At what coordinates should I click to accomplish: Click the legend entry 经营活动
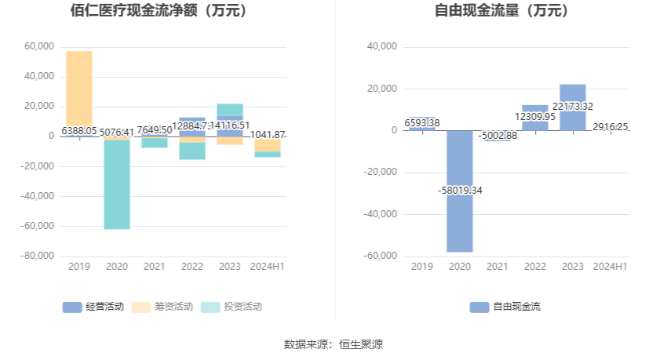(x=93, y=307)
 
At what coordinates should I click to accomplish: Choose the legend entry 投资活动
(x=231, y=307)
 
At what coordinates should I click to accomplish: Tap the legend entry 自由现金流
(x=505, y=307)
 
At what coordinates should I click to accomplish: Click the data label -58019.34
(x=460, y=190)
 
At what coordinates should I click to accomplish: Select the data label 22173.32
(x=573, y=106)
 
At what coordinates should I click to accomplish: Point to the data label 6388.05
(x=78, y=131)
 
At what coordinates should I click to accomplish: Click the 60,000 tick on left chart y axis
(x=39, y=46)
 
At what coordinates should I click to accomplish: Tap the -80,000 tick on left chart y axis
(x=37, y=256)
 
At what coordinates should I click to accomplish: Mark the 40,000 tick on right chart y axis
(x=382, y=46)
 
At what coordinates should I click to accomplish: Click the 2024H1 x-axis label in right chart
(x=610, y=267)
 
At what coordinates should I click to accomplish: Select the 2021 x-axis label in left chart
(x=155, y=267)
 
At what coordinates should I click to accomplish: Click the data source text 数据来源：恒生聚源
(x=333, y=344)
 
